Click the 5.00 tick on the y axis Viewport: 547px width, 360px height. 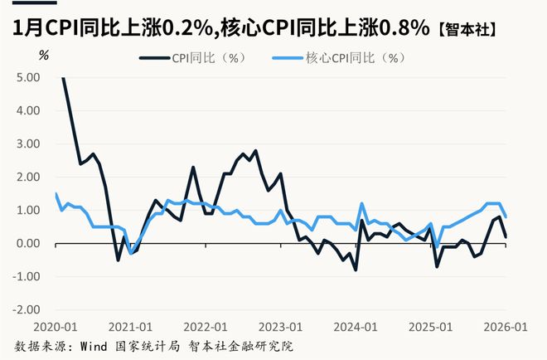coord(28,77)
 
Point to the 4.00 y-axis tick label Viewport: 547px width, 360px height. coord(28,110)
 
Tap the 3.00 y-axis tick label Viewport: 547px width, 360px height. coord(28,144)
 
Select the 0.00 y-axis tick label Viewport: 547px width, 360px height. coord(28,243)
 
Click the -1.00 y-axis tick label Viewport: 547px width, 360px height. coord(27,276)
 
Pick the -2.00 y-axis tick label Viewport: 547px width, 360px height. coord(27,309)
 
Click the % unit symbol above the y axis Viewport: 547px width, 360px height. coord(44,55)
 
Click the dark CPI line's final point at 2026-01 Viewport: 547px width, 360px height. coord(506,236)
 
